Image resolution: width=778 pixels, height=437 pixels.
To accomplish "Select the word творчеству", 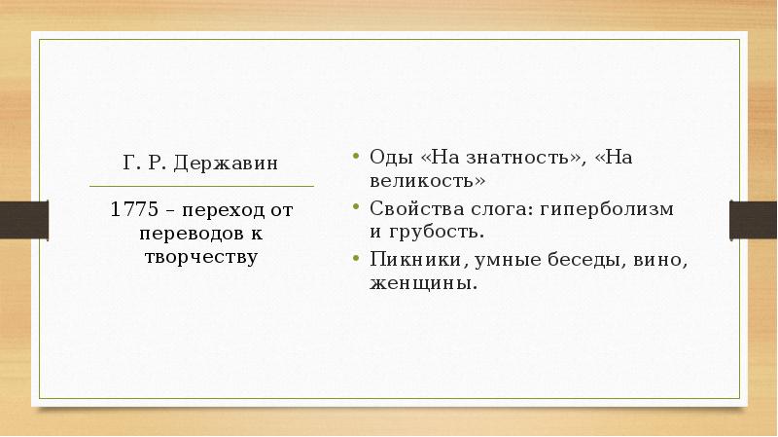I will click(x=202, y=258).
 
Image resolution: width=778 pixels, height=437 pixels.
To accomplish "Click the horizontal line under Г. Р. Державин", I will click(x=201, y=185).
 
